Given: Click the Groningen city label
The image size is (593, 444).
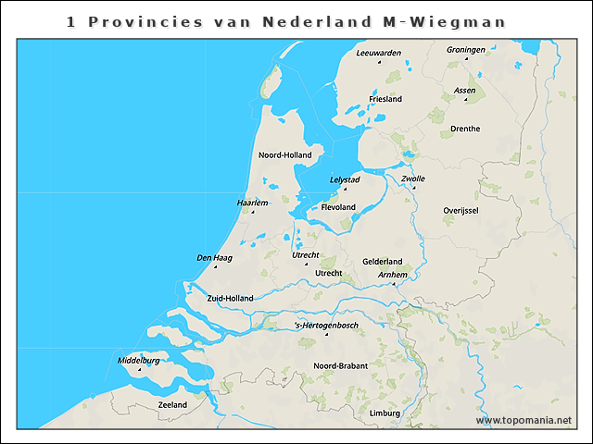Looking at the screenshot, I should pyautogui.click(x=465, y=49).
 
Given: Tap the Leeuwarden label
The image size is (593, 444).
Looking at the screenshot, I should pyautogui.click(x=379, y=53).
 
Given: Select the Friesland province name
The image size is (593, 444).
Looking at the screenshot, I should pyautogui.click(x=385, y=99).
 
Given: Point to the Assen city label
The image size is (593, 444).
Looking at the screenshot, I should pyautogui.click(x=465, y=90).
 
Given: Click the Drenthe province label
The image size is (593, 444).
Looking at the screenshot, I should pyautogui.click(x=465, y=129).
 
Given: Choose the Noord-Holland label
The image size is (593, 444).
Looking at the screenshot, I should pyautogui.click(x=285, y=154).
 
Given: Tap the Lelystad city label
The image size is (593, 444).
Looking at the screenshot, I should pyautogui.click(x=345, y=179).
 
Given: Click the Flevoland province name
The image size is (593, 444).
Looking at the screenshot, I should pyautogui.click(x=338, y=207).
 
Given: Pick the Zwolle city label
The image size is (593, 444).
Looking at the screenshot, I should pyautogui.click(x=413, y=179).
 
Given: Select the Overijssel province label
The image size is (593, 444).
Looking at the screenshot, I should pyautogui.click(x=461, y=211).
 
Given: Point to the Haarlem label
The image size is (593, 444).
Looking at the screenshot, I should pyautogui.click(x=252, y=202).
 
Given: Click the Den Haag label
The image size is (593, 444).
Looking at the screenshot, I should pyautogui.click(x=214, y=257).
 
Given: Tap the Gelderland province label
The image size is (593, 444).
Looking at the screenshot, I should pyautogui.click(x=382, y=262).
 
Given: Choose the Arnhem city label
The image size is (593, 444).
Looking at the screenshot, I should pyautogui.click(x=393, y=275).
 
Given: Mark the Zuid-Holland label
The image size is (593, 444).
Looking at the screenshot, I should pyautogui.click(x=230, y=298).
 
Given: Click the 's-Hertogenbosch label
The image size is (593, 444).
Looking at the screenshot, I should pyautogui.click(x=326, y=325).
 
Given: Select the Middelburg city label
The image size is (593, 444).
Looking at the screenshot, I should pyautogui.click(x=139, y=359).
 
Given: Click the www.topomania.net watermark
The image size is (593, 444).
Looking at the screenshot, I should pyautogui.click(x=524, y=421).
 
